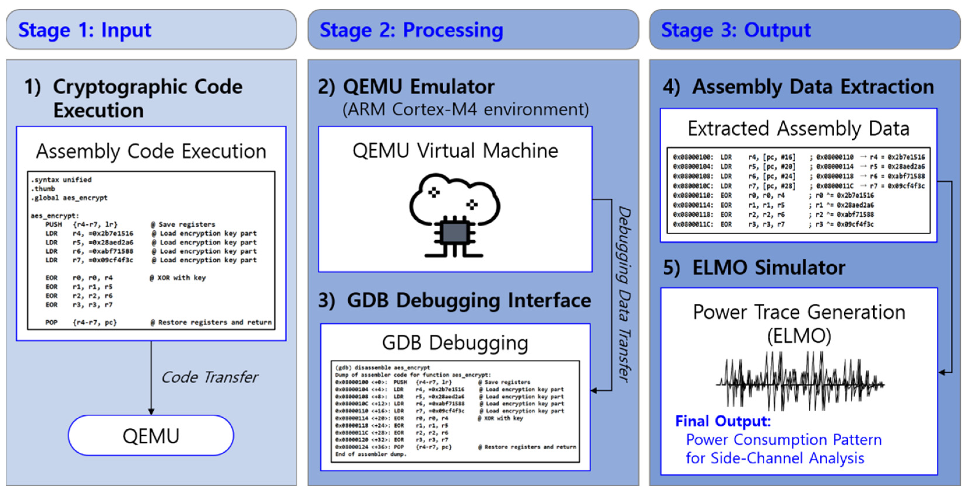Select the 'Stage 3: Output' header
(x=736, y=30)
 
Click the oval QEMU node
(x=151, y=436)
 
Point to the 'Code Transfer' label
(x=209, y=377)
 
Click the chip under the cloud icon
(x=455, y=234)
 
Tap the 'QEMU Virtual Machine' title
(x=455, y=151)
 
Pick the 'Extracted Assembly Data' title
(x=798, y=129)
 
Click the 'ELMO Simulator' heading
(x=768, y=268)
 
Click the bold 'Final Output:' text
(x=723, y=421)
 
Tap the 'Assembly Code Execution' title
(x=151, y=152)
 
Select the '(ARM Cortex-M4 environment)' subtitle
(x=465, y=109)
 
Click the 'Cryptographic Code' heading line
(x=148, y=87)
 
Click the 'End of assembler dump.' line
(x=371, y=454)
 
